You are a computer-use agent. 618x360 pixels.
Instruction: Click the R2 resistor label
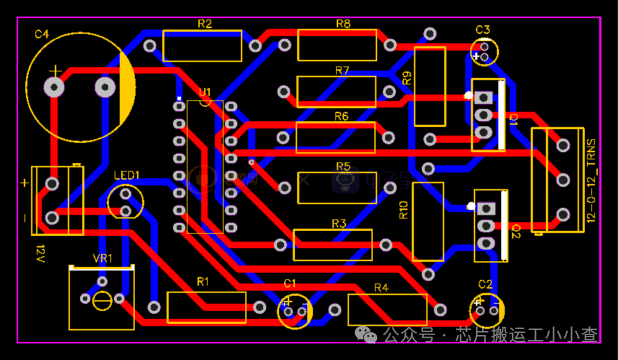204,23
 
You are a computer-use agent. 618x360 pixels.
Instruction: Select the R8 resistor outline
336,45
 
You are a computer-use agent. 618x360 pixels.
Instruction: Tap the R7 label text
342,71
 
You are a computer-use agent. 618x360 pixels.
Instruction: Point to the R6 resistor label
341,117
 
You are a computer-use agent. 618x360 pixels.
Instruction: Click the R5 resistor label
343,167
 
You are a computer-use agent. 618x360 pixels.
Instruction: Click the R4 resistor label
380,288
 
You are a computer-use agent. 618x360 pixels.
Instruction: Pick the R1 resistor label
203,282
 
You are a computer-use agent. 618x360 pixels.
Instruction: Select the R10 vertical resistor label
403,210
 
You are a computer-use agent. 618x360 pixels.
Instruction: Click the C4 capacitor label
41,34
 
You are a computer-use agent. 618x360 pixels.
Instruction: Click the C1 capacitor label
290,283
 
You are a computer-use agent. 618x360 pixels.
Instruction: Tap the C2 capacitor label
484,284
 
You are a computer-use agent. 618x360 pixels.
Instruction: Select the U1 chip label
205,94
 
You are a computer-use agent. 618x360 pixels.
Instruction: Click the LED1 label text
126,175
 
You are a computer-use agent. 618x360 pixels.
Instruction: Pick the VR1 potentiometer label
102,259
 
